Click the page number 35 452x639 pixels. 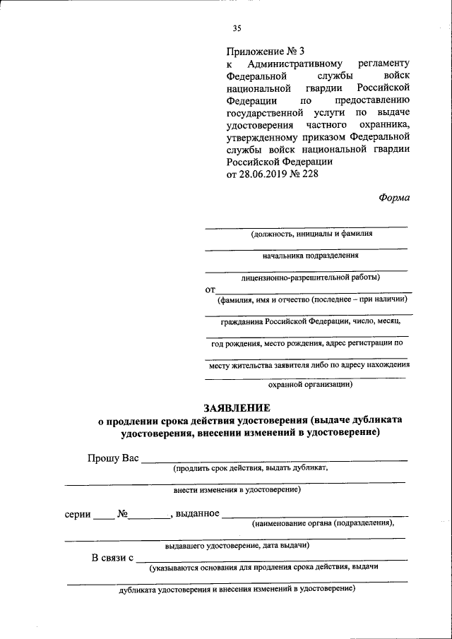(x=237, y=28)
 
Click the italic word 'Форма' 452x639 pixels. (x=393, y=198)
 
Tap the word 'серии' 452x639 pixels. (x=78, y=515)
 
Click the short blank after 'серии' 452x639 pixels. (x=104, y=518)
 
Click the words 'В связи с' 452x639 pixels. (x=113, y=558)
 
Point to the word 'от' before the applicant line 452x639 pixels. (x=210, y=289)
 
